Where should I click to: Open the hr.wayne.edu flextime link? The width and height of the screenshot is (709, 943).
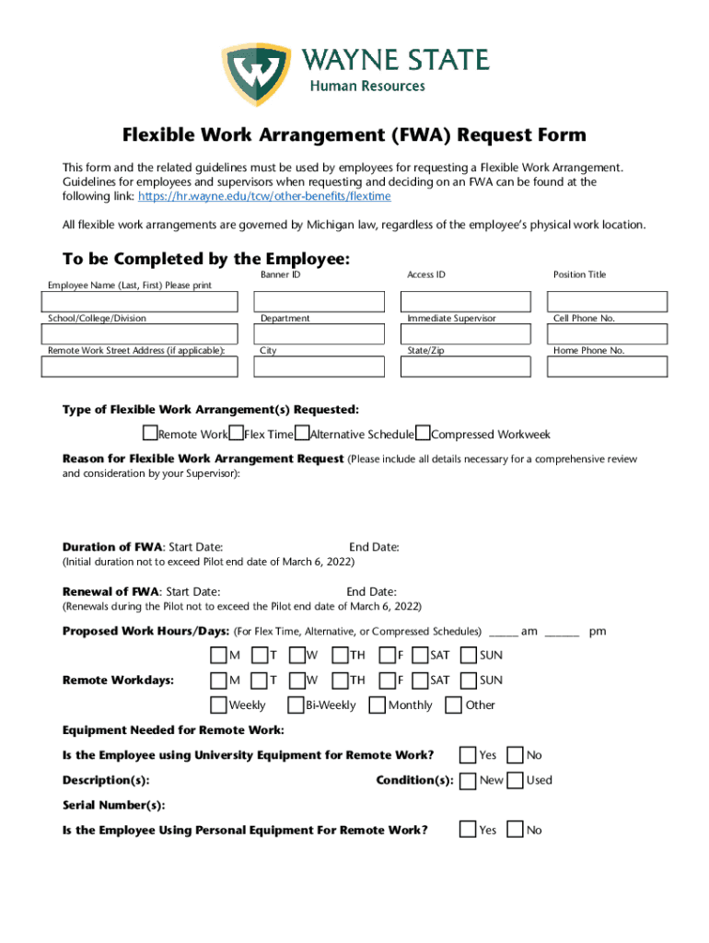click(264, 196)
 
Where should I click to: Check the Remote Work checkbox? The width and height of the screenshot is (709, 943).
click(150, 434)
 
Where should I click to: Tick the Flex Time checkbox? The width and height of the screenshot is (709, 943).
click(237, 434)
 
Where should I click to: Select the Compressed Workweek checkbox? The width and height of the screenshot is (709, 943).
click(423, 434)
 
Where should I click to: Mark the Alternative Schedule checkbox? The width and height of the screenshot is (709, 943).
click(302, 434)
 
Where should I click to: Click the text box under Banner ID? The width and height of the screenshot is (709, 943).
click(319, 301)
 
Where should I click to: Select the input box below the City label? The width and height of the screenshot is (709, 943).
click(319, 367)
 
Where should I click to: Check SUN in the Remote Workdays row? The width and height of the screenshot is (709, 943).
click(468, 681)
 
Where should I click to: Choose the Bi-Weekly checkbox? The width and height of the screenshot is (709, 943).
click(296, 705)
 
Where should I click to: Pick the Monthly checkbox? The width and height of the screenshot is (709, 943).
click(377, 705)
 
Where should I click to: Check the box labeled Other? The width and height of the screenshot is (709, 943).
click(453, 705)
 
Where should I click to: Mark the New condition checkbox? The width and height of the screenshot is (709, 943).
click(468, 780)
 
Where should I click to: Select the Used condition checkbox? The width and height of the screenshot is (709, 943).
click(516, 780)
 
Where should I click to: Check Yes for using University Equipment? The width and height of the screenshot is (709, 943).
click(468, 755)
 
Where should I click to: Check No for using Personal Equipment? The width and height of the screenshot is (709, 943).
click(516, 830)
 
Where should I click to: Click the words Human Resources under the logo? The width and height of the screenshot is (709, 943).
click(366, 86)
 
